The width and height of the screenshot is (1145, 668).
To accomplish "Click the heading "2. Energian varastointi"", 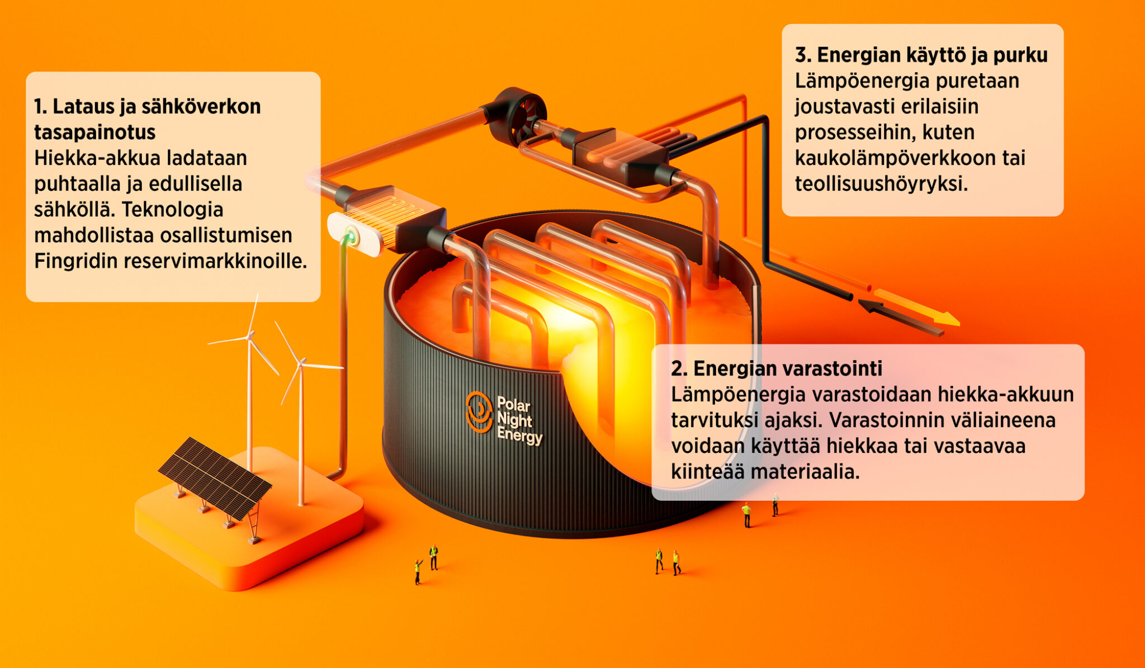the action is (x=777, y=368).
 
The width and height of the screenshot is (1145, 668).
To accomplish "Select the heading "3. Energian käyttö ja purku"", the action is (x=921, y=55).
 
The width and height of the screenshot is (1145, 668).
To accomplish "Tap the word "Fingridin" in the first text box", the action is (x=76, y=260).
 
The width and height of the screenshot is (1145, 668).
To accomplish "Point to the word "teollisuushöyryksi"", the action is (x=881, y=184).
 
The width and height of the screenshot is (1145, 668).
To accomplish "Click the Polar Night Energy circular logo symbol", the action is (x=479, y=412).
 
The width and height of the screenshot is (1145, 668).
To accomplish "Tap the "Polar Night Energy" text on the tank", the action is (x=519, y=420).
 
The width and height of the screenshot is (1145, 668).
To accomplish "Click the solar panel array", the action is (x=215, y=478).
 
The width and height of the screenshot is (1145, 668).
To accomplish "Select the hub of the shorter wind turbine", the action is (x=301, y=363).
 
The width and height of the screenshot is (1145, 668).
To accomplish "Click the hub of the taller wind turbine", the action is (x=249, y=335).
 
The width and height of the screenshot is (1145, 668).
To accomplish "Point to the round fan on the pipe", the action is (x=517, y=116).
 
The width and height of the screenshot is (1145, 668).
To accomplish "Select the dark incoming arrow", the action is (x=900, y=318).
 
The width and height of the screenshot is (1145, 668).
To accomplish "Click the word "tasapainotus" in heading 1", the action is (x=94, y=132).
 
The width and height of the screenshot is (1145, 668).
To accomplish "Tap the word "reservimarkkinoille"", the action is (x=215, y=260).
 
